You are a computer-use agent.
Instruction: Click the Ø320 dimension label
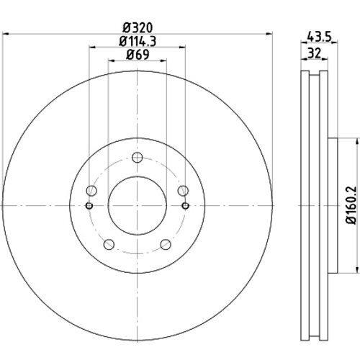(138, 28)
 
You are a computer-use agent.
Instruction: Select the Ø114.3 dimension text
(138, 41)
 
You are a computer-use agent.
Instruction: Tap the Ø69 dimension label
(138, 55)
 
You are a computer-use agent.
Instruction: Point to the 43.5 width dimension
(319, 37)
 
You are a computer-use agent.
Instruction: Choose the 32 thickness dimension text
(314, 53)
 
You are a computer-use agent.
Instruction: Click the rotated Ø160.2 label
(351, 205)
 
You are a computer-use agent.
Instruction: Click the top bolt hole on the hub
(138, 158)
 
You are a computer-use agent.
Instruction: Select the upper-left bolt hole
(91, 191)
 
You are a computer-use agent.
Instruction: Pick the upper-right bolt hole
(183, 191)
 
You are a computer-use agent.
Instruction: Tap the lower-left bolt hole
(109, 245)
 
